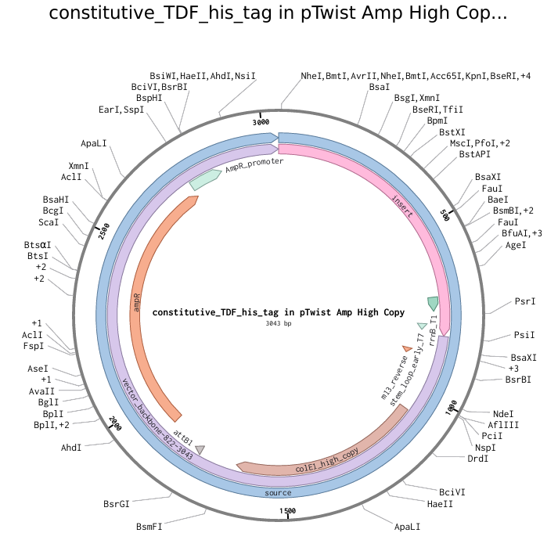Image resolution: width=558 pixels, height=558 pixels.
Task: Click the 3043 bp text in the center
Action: tap(279, 323)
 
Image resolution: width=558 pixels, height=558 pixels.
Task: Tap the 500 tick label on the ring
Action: tap(446, 215)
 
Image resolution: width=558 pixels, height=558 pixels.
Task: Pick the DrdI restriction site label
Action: tap(478, 459)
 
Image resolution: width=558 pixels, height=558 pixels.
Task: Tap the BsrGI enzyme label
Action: tap(117, 503)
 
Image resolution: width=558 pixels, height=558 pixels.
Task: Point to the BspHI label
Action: tap(149, 99)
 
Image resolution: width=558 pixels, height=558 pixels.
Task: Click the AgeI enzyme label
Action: tap(516, 245)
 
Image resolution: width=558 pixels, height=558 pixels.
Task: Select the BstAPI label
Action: tap(475, 154)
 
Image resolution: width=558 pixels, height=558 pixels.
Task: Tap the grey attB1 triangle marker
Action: tap(200, 449)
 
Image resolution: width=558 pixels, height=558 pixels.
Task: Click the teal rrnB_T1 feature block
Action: tap(432, 302)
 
